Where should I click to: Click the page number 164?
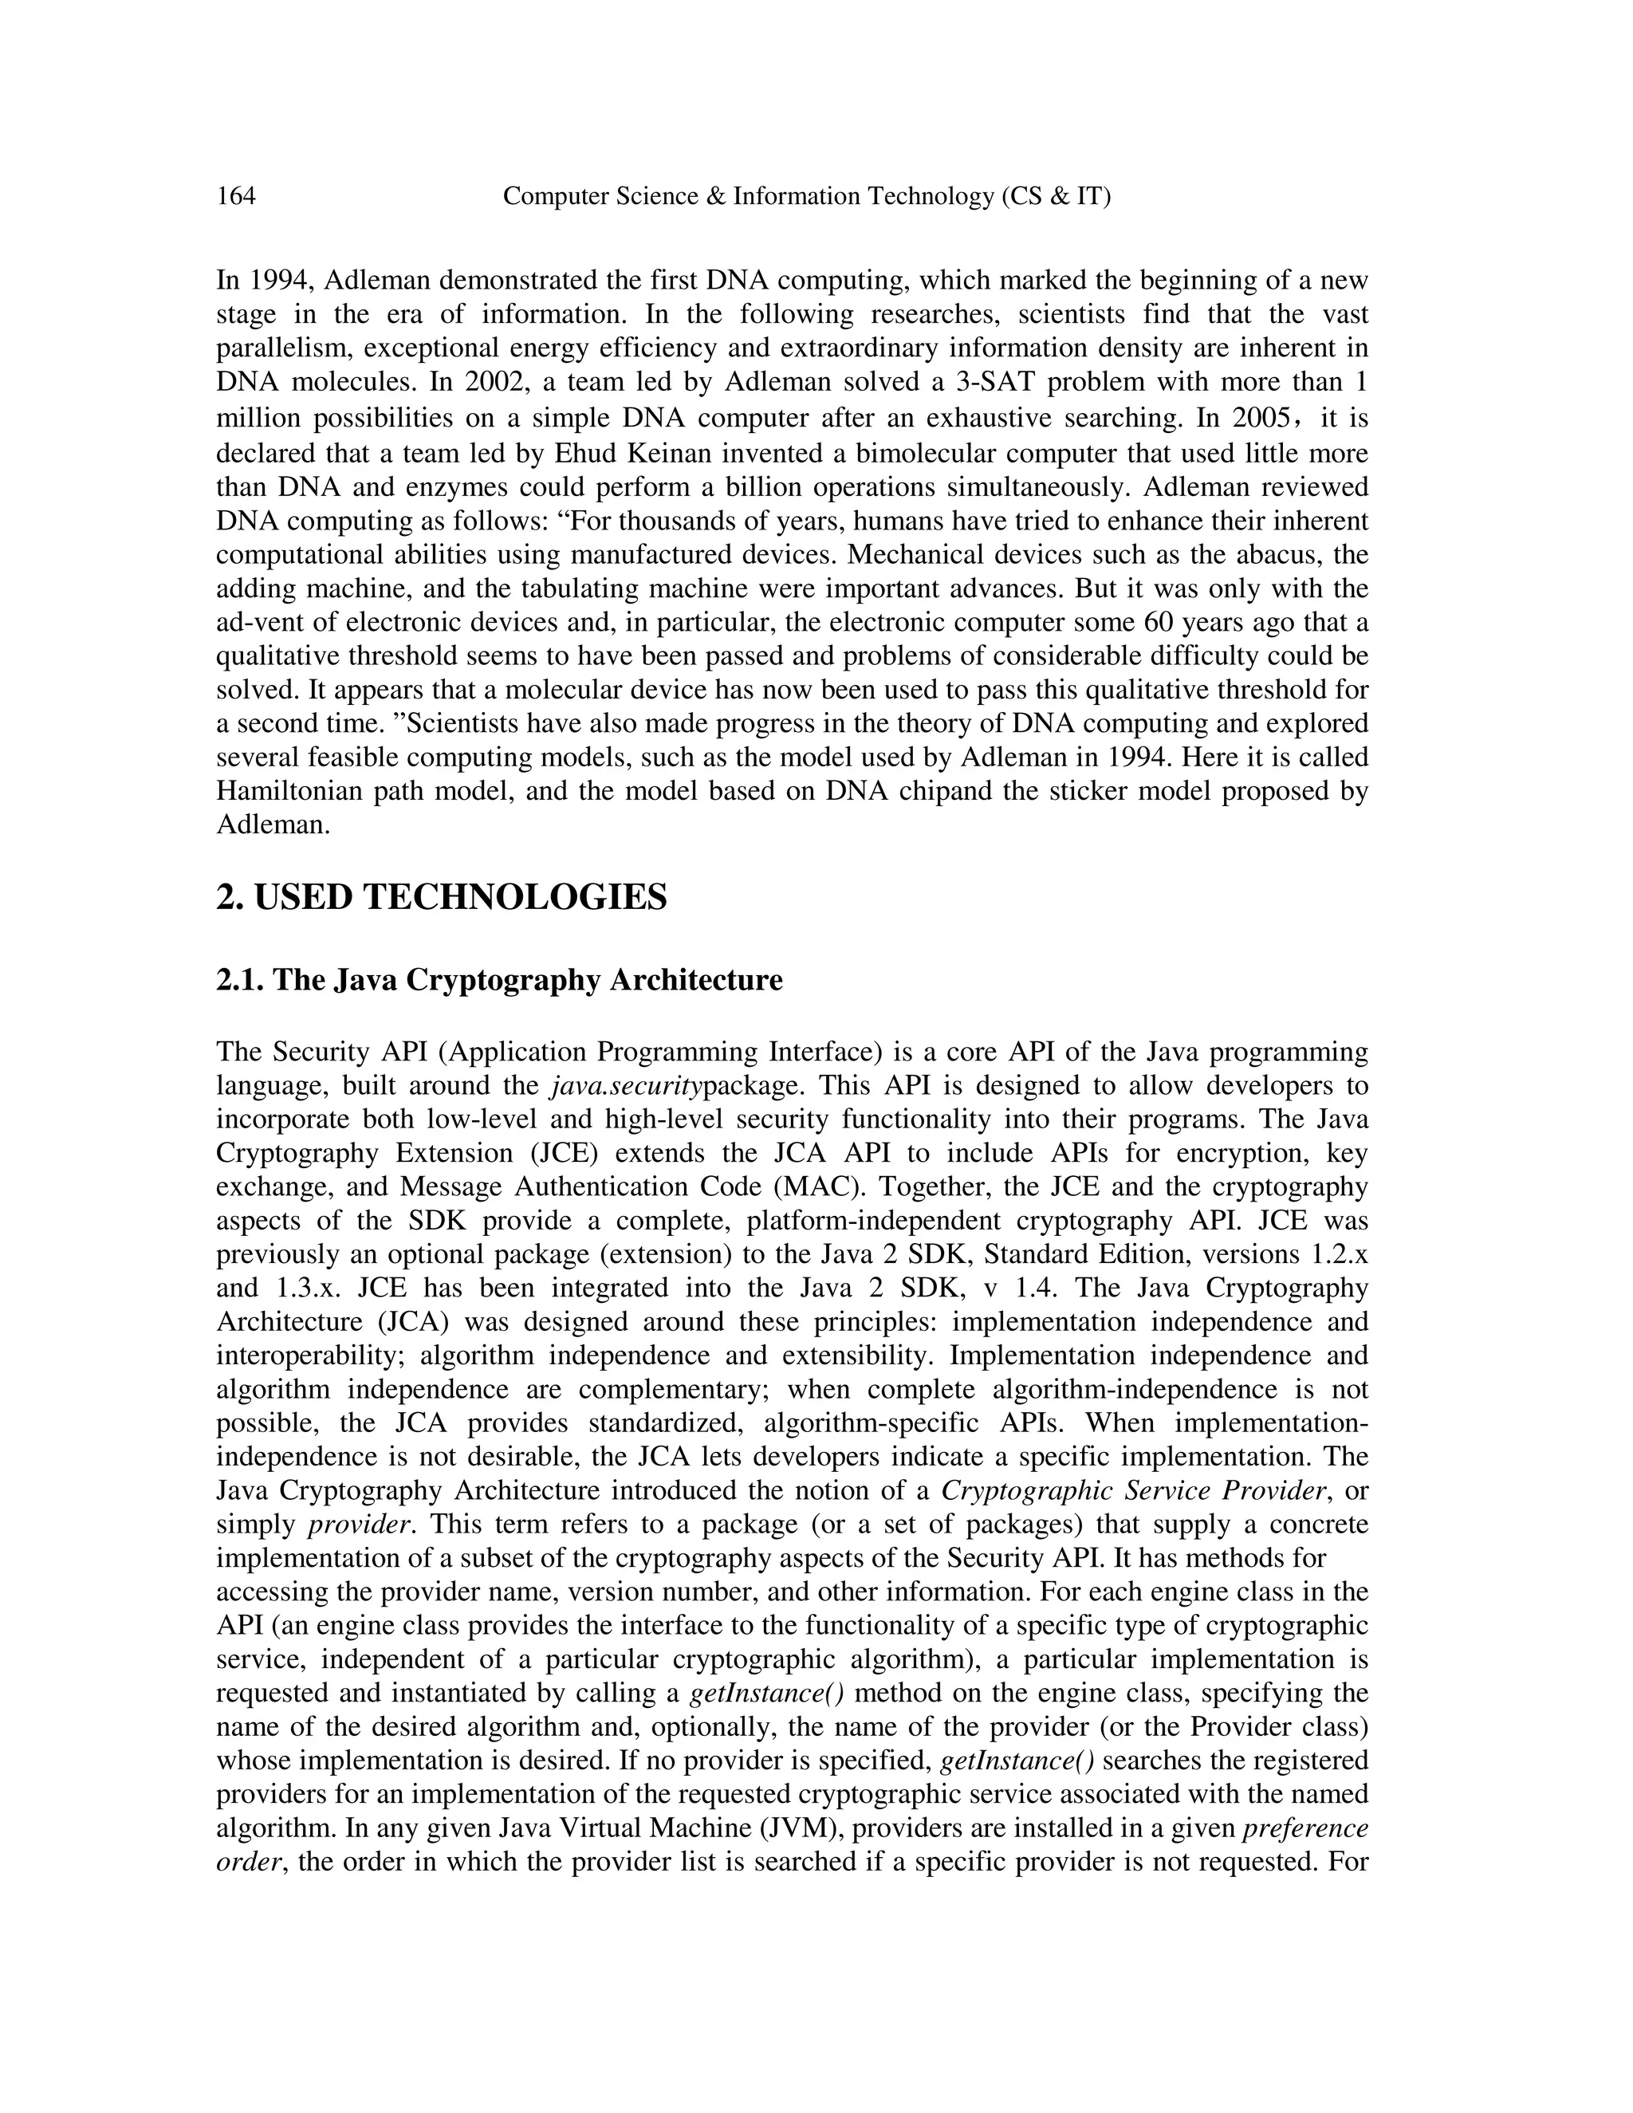coord(236,196)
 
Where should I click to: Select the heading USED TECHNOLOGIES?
coord(441,898)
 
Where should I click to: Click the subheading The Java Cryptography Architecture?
coord(499,980)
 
